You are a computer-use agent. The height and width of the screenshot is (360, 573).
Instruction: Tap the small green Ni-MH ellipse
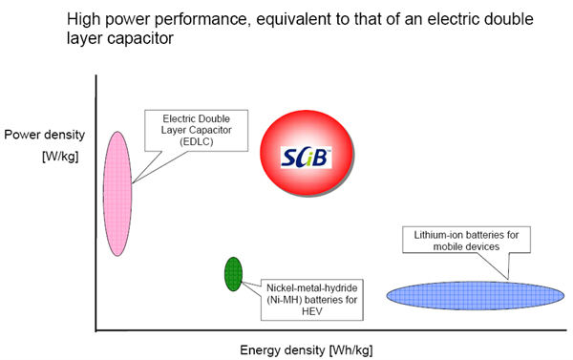[232, 273]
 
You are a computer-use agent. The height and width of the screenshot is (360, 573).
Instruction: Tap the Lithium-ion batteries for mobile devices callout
[464, 240]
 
